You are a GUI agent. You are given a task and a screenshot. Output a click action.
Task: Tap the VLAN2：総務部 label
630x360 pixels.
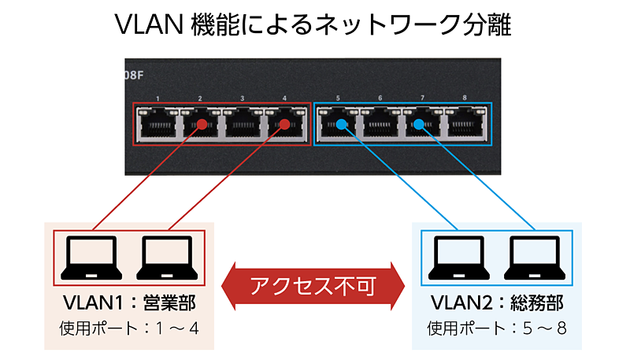(x=497, y=305)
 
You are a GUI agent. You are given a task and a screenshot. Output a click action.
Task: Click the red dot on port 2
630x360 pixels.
(x=202, y=124)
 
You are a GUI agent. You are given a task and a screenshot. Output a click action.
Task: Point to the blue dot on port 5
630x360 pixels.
(x=340, y=124)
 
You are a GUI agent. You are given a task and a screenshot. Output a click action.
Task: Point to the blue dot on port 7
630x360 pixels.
(x=418, y=124)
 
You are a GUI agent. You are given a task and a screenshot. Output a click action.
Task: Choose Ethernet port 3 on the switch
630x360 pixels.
(x=242, y=124)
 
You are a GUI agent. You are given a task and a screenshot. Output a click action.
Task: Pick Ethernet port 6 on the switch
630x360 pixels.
(x=380, y=124)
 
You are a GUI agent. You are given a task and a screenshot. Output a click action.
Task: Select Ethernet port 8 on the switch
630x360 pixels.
(x=464, y=124)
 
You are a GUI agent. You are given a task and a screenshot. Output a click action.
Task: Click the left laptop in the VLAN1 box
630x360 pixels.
(x=91, y=256)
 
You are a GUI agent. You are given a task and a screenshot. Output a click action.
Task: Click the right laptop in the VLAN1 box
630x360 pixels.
(x=167, y=256)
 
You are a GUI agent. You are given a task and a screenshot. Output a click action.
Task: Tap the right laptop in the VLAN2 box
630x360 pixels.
(x=535, y=256)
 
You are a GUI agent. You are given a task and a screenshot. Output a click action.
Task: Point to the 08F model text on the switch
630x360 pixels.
(x=136, y=78)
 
